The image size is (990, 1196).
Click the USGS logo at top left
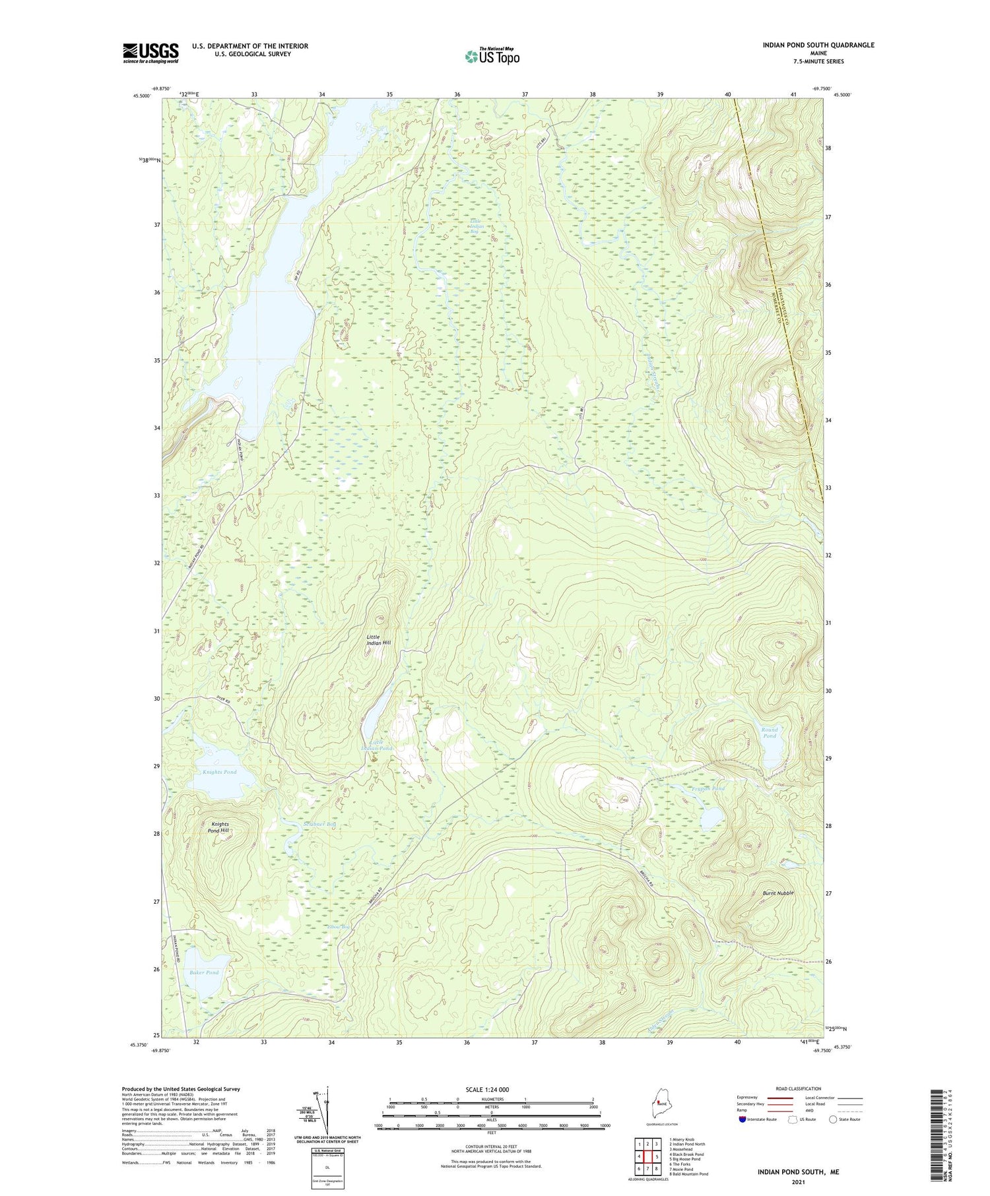click(x=150, y=53)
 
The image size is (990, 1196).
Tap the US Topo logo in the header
click(x=492, y=57)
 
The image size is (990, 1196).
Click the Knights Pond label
click(x=220, y=772)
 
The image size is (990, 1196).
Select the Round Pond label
click(x=770, y=733)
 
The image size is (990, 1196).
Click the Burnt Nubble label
click(x=778, y=893)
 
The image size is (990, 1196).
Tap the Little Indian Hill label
click(x=379, y=640)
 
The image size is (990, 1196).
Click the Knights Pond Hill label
click(x=220, y=827)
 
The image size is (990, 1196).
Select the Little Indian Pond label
click(x=377, y=745)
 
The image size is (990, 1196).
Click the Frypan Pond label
click(x=709, y=788)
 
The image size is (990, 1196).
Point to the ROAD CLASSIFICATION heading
click(x=799, y=1088)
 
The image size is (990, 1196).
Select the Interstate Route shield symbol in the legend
click(x=742, y=1119)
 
